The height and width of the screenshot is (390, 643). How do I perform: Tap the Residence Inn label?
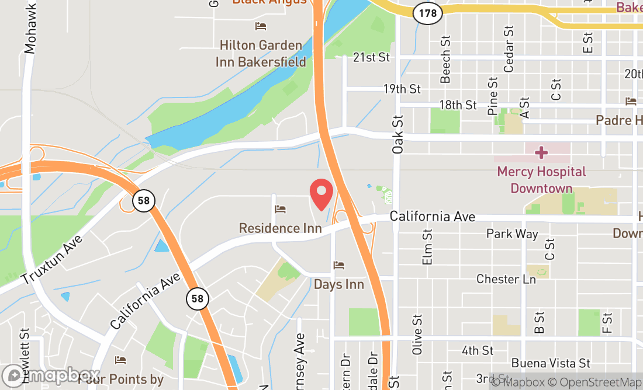coord(280,228)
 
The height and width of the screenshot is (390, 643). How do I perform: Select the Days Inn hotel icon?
coord(339,266)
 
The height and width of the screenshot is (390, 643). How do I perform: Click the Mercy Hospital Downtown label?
coord(541,180)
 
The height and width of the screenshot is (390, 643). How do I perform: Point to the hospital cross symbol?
coord(541,153)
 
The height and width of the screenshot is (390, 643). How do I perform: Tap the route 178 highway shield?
coord(427,13)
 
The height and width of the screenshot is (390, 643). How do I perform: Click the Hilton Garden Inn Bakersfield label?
coord(261,53)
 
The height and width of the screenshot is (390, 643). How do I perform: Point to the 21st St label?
coord(371,57)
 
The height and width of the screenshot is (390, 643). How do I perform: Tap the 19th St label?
coord(402,89)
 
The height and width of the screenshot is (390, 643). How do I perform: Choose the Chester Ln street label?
coord(506,279)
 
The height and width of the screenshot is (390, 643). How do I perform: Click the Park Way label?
coord(512,234)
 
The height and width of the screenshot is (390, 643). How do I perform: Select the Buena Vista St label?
coord(550,363)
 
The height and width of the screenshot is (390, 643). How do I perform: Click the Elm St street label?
coord(427,247)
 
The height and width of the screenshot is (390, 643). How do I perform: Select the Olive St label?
coord(417,335)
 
